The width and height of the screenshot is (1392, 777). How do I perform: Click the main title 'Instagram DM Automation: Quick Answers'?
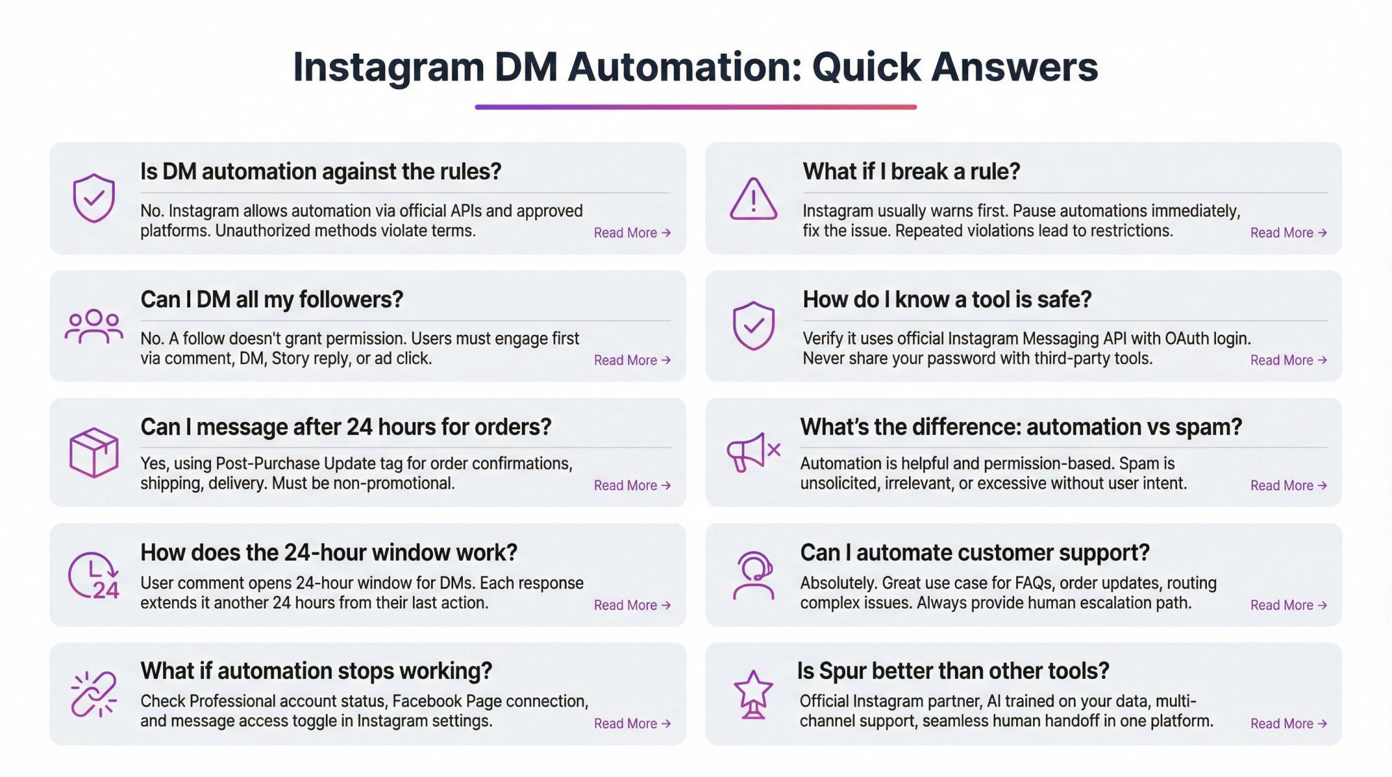pyautogui.click(x=695, y=67)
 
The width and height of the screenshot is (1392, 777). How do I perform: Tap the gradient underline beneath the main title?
pyautogui.click(x=695, y=107)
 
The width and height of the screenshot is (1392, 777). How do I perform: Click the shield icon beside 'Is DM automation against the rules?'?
pyautogui.click(x=94, y=198)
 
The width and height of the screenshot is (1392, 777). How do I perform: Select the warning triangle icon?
pyautogui.click(x=753, y=200)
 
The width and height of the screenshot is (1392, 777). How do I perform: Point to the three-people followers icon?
pyautogui.click(x=94, y=327)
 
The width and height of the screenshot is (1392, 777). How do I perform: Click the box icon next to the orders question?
pyautogui.click(x=94, y=453)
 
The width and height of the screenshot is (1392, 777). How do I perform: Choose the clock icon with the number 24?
pyautogui.click(x=94, y=576)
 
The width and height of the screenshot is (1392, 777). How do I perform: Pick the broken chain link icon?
pyautogui.click(x=94, y=694)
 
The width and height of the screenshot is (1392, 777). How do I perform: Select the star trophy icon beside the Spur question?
pyautogui.click(x=753, y=694)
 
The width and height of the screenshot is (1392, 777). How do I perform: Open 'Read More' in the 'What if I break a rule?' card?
pyautogui.click(x=1288, y=233)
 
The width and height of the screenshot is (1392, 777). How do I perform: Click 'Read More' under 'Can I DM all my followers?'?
pyautogui.click(x=632, y=360)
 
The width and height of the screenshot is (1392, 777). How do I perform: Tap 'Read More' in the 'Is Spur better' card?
pyautogui.click(x=1288, y=723)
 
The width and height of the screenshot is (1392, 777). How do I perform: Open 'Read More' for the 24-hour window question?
pyautogui.click(x=632, y=605)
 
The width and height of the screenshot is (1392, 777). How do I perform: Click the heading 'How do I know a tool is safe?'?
pyautogui.click(x=947, y=299)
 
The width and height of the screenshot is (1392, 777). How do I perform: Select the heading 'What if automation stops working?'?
pyautogui.click(x=316, y=670)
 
